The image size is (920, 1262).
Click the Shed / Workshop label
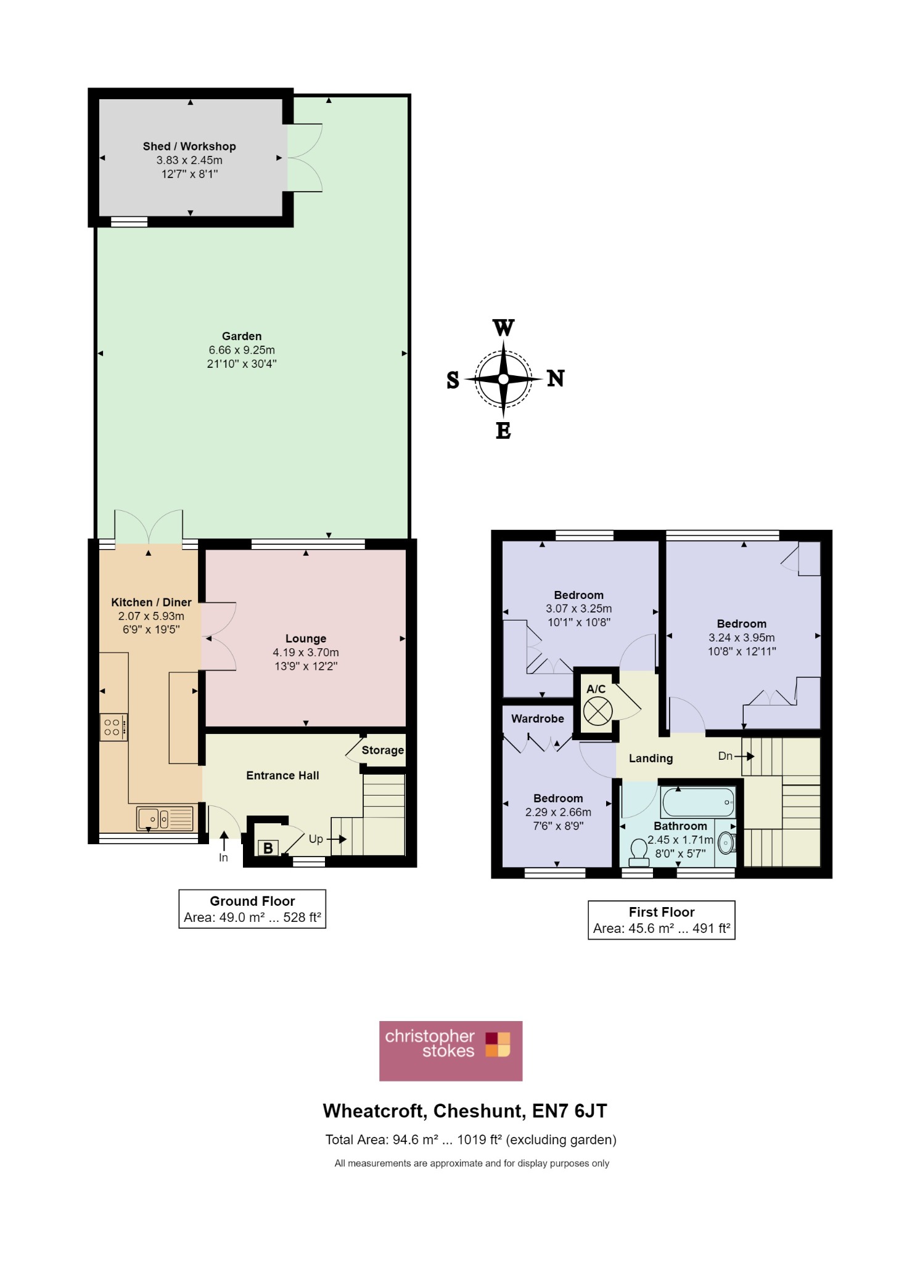pyautogui.click(x=189, y=146)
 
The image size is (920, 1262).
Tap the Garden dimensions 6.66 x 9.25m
pyautogui.click(x=242, y=350)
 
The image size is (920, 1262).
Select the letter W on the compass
pyautogui.click(x=503, y=328)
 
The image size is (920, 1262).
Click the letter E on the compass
pyautogui.click(x=503, y=431)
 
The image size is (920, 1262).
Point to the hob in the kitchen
pyautogui.click(x=113, y=727)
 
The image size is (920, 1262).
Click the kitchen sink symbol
pyautogui.click(x=164, y=819)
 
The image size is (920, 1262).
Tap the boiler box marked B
pyautogui.click(x=268, y=848)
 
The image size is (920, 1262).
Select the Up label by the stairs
pyautogui.click(x=316, y=839)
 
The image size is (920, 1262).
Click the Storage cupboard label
pyautogui.click(x=382, y=750)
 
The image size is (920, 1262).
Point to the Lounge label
pyautogui.click(x=306, y=638)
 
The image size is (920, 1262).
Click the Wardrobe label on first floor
pyautogui.click(x=538, y=719)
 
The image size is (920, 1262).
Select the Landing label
pyautogui.click(x=651, y=759)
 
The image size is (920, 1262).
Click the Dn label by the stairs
pyautogui.click(x=725, y=756)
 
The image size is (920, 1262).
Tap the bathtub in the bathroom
pyautogui.click(x=698, y=802)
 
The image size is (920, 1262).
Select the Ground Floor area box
pyautogui.click(x=252, y=909)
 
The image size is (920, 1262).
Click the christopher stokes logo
pyautogui.click(x=451, y=1051)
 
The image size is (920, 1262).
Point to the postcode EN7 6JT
pyautogui.click(x=569, y=1111)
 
